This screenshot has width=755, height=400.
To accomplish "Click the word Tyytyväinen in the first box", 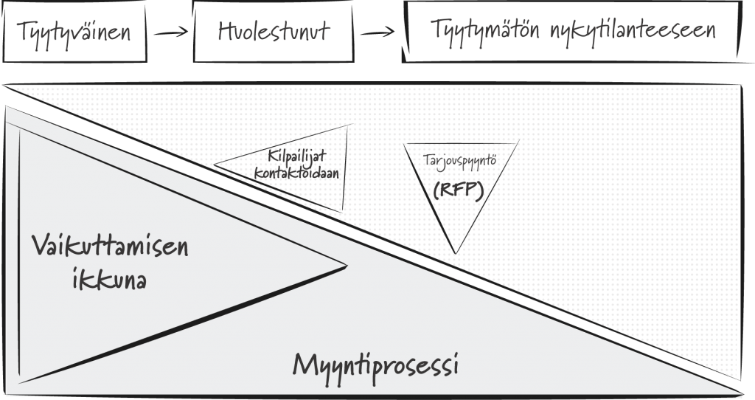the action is [74, 32].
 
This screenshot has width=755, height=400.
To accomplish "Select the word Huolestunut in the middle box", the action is [274, 30].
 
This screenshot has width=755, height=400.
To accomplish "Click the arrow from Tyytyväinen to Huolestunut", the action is [171, 32].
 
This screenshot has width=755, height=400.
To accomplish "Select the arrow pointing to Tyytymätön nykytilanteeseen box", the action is [377, 32].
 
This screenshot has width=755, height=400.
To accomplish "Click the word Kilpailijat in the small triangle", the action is [297, 157].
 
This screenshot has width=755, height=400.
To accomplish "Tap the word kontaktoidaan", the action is [296, 173].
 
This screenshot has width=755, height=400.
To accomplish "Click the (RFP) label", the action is [458, 191].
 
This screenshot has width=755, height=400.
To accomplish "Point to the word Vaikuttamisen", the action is [111, 246].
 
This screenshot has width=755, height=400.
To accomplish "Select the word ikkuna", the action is [109, 279].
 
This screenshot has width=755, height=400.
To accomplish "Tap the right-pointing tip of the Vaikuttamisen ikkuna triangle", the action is [347, 265].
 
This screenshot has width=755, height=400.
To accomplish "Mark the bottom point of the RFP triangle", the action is [455, 253].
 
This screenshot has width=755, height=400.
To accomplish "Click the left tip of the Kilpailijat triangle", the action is [215, 165].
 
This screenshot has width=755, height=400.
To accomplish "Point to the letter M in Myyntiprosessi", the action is [305, 365].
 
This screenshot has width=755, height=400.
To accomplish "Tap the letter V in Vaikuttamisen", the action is [42, 245].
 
